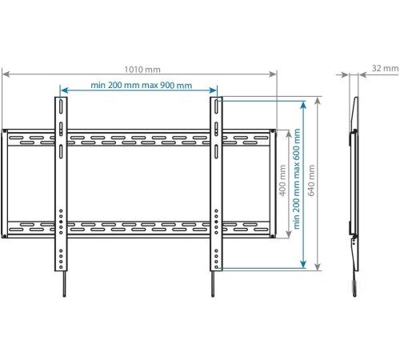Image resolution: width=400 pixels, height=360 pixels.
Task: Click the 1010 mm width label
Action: pos(141,68)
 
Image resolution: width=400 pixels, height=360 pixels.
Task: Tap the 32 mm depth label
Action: pos(384,69)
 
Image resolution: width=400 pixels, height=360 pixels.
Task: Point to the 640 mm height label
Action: pos(312,183)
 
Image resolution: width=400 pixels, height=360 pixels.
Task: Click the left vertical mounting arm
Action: pos(60,184)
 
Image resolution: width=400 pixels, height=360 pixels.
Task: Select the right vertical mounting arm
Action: pos(215,184)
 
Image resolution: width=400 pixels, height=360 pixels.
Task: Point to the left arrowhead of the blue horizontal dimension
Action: pos(63,90)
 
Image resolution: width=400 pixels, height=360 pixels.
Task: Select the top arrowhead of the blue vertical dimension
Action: pos(304,102)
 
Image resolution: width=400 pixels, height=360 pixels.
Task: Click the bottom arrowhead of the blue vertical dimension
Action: pos(304,266)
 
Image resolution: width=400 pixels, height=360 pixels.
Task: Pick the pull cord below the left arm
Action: pos(61,284)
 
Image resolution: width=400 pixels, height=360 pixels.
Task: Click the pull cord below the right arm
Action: pos(213,284)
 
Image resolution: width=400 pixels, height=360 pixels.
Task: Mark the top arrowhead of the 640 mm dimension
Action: pos(318,101)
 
